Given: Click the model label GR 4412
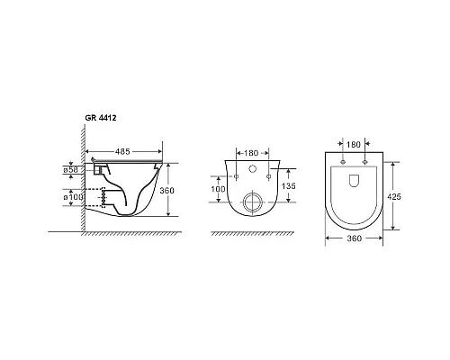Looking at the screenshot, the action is [101, 118].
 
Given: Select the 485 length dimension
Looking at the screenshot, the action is [122, 152].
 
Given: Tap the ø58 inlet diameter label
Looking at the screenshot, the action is [70, 170].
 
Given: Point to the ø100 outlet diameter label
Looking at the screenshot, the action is [73, 197].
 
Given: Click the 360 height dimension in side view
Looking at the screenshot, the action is [166, 191].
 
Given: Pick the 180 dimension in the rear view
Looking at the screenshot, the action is [251, 153].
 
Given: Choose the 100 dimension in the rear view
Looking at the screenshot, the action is [218, 189].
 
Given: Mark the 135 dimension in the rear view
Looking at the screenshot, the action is [289, 186].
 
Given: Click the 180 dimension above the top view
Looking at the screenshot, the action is [354, 145].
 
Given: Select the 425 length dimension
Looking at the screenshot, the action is [394, 197].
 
